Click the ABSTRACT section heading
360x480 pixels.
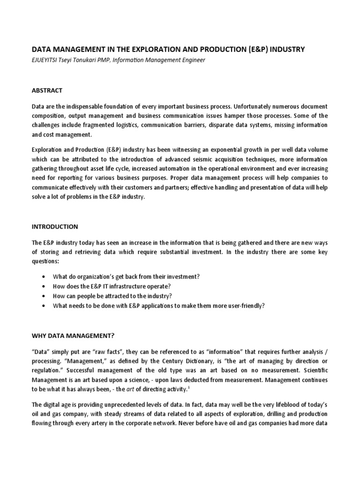pos(47,90)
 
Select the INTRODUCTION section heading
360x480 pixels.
pos(55,226)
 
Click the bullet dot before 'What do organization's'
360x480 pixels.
pos(43,277)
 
